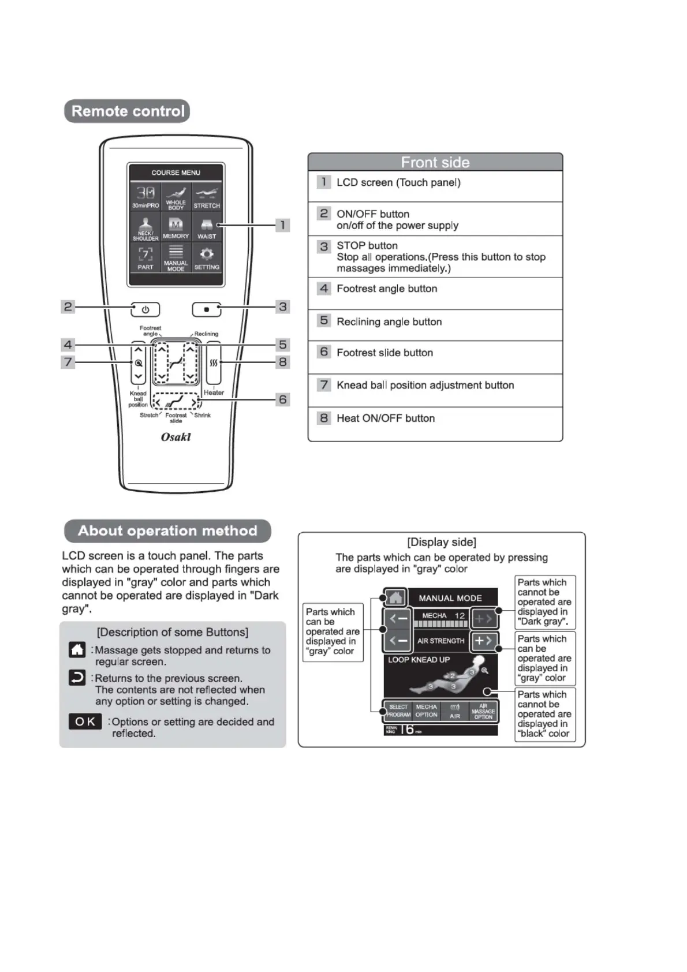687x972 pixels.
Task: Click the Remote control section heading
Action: coord(127,111)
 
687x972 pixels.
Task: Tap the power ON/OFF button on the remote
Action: coord(145,310)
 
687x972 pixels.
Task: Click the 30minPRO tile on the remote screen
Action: coord(145,197)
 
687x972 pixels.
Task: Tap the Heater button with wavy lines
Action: coord(214,363)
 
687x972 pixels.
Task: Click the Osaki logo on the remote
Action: coord(176,437)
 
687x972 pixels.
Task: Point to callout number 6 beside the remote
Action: coord(282,399)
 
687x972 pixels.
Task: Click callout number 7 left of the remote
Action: coord(68,362)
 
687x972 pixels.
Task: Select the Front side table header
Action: coord(435,162)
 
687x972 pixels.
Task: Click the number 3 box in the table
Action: coord(324,246)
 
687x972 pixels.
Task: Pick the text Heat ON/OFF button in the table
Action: coord(386,418)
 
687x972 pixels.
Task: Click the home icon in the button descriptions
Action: coord(77,650)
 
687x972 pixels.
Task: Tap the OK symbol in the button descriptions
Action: coord(85,721)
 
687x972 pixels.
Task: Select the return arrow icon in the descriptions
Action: coord(77,678)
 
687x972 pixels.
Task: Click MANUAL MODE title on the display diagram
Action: coord(450,598)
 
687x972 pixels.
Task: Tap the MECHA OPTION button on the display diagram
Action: coord(427,711)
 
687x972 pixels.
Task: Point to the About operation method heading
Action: coord(167,531)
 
